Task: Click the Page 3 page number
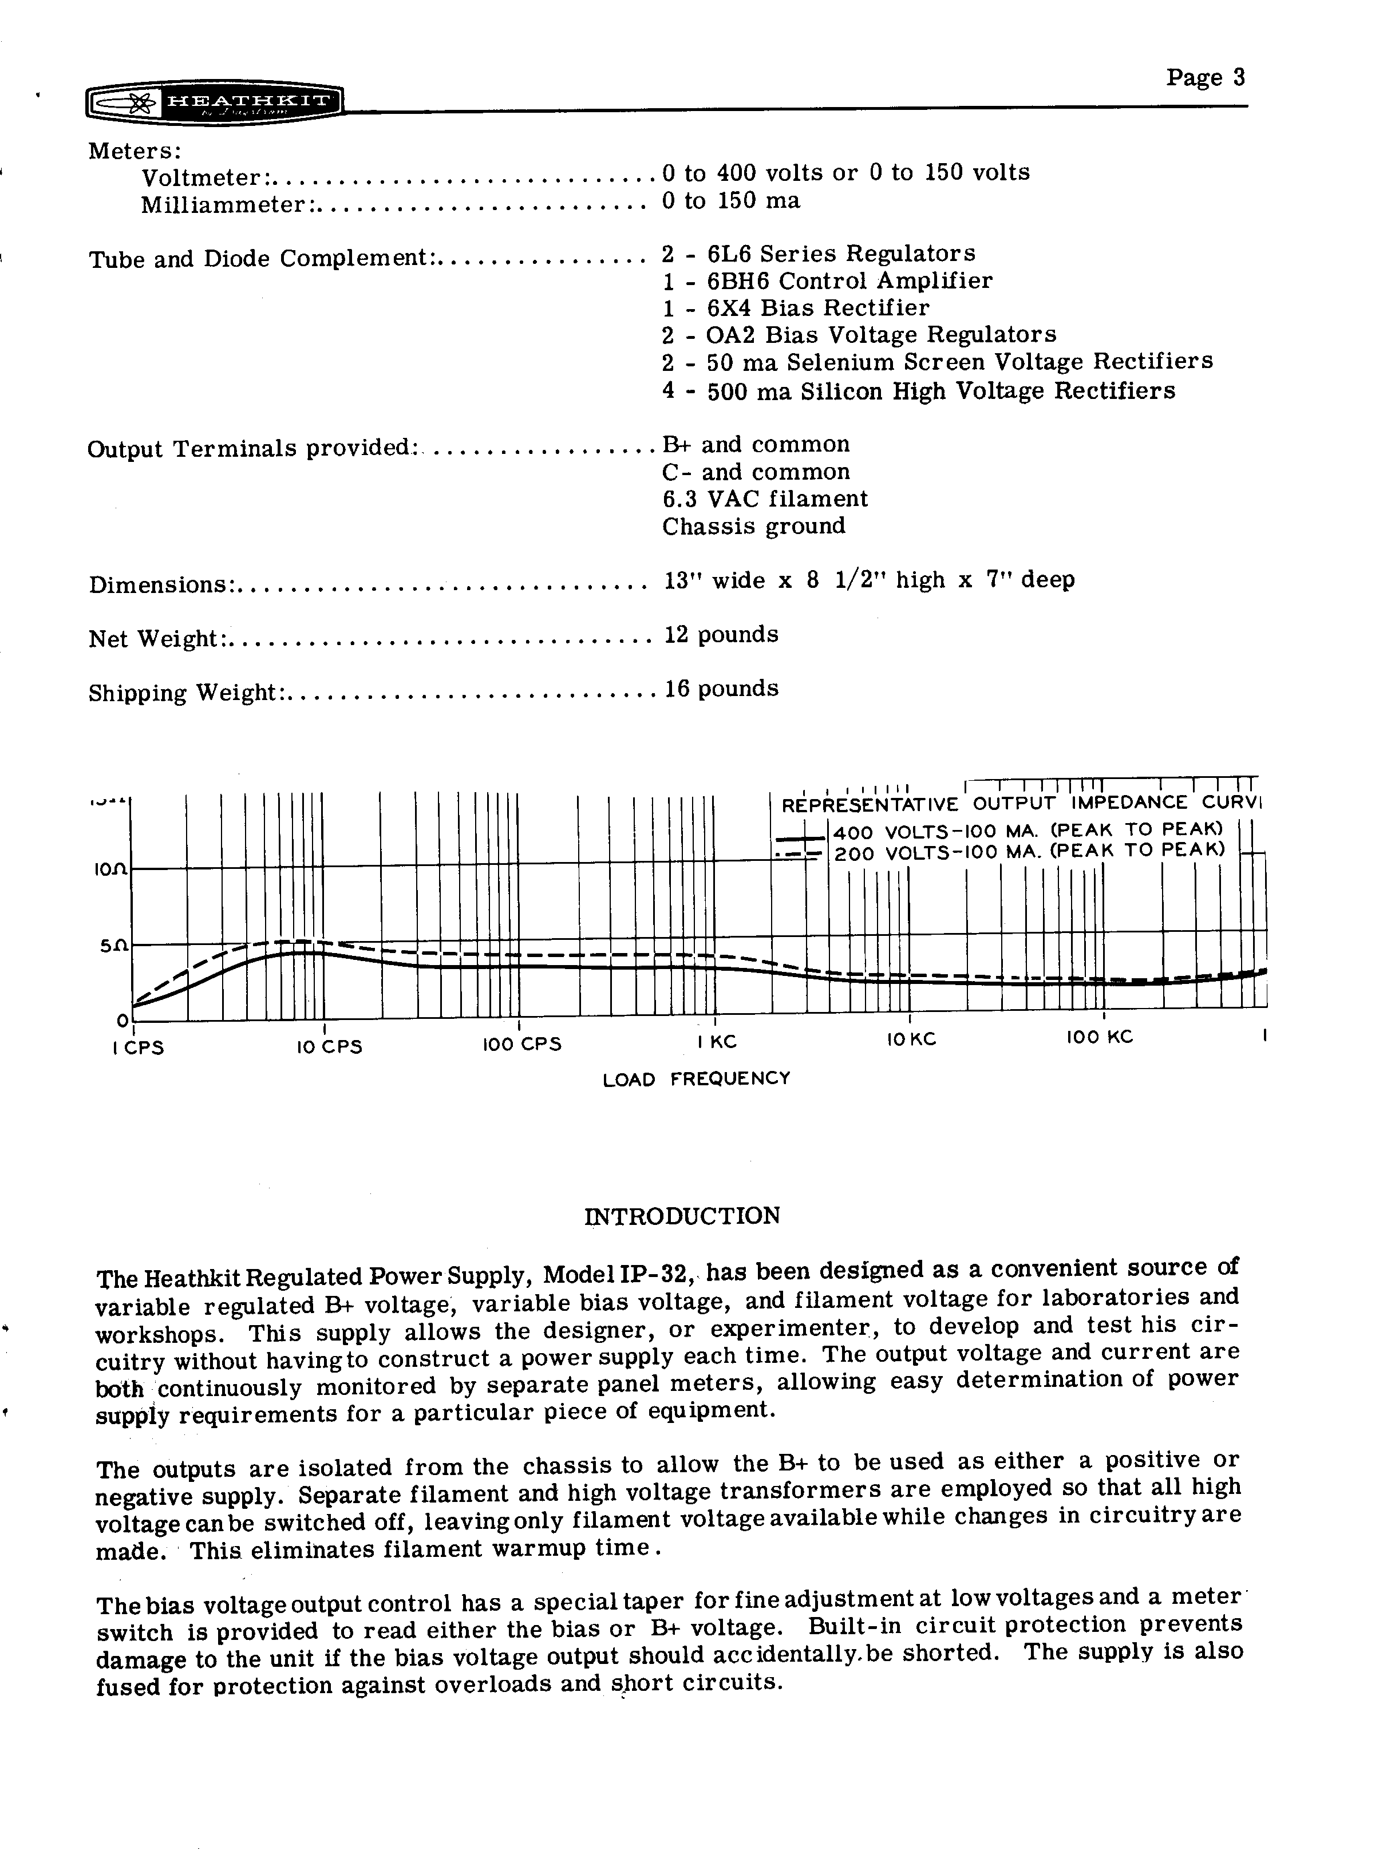[1204, 78]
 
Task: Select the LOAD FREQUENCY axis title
[696, 1078]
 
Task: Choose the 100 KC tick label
[1100, 1037]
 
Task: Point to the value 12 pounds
[721, 634]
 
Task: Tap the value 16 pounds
[721, 689]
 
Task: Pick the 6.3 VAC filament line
[764, 499]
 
